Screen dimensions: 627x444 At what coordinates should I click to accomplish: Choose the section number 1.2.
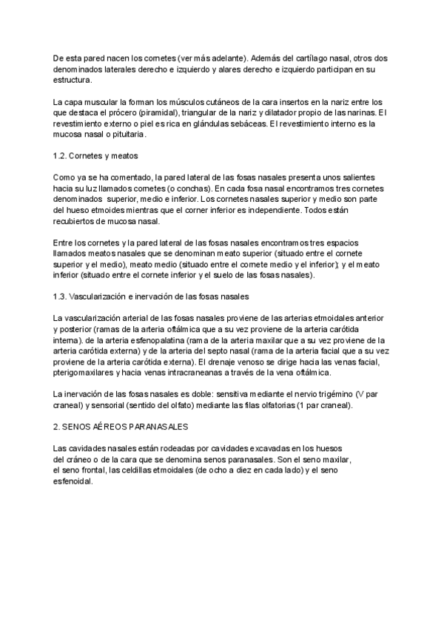coord(63,157)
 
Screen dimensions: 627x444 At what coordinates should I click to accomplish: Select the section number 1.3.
coord(63,296)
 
